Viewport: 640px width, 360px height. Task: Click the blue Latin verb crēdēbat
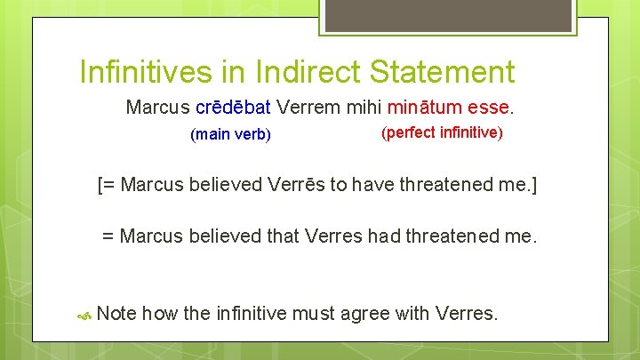[233, 108]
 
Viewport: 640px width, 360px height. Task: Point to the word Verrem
[308, 108]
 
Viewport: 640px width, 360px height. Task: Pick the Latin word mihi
[363, 108]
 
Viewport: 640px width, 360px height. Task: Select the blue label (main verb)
[230, 135]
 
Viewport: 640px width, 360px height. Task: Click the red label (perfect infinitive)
[441, 132]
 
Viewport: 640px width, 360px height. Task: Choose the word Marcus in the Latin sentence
[157, 108]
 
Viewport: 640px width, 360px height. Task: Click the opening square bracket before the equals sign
[100, 186]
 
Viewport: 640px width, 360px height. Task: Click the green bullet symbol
[85, 314]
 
